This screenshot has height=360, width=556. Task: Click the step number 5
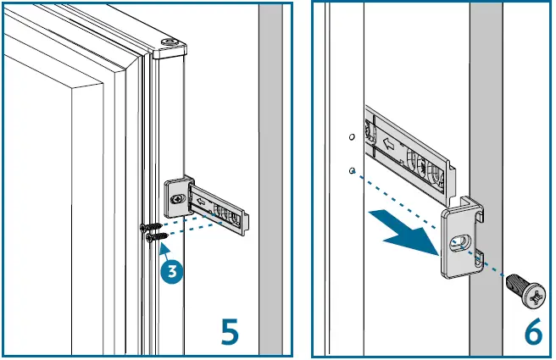coord(229,330)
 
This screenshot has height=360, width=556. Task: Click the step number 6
coord(532,330)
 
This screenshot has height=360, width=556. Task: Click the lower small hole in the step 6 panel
coord(351,170)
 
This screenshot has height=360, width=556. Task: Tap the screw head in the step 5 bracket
coord(176,198)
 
